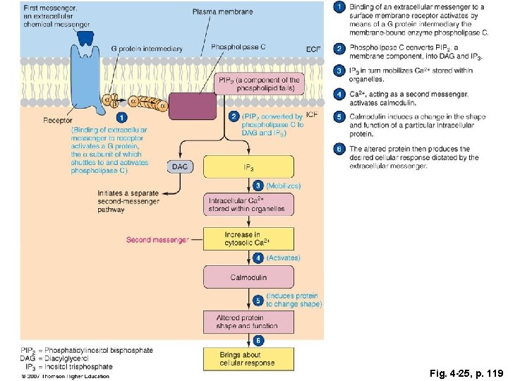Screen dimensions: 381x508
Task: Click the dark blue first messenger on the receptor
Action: (x=84, y=37)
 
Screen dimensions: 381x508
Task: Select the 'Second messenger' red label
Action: (x=157, y=240)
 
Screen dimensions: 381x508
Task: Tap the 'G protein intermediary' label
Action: (x=147, y=49)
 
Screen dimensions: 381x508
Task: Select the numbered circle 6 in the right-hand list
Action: (x=339, y=149)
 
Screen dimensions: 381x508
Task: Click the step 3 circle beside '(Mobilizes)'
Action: (x=259, y=186)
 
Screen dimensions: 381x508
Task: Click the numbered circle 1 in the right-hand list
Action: (x=339, y=7)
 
